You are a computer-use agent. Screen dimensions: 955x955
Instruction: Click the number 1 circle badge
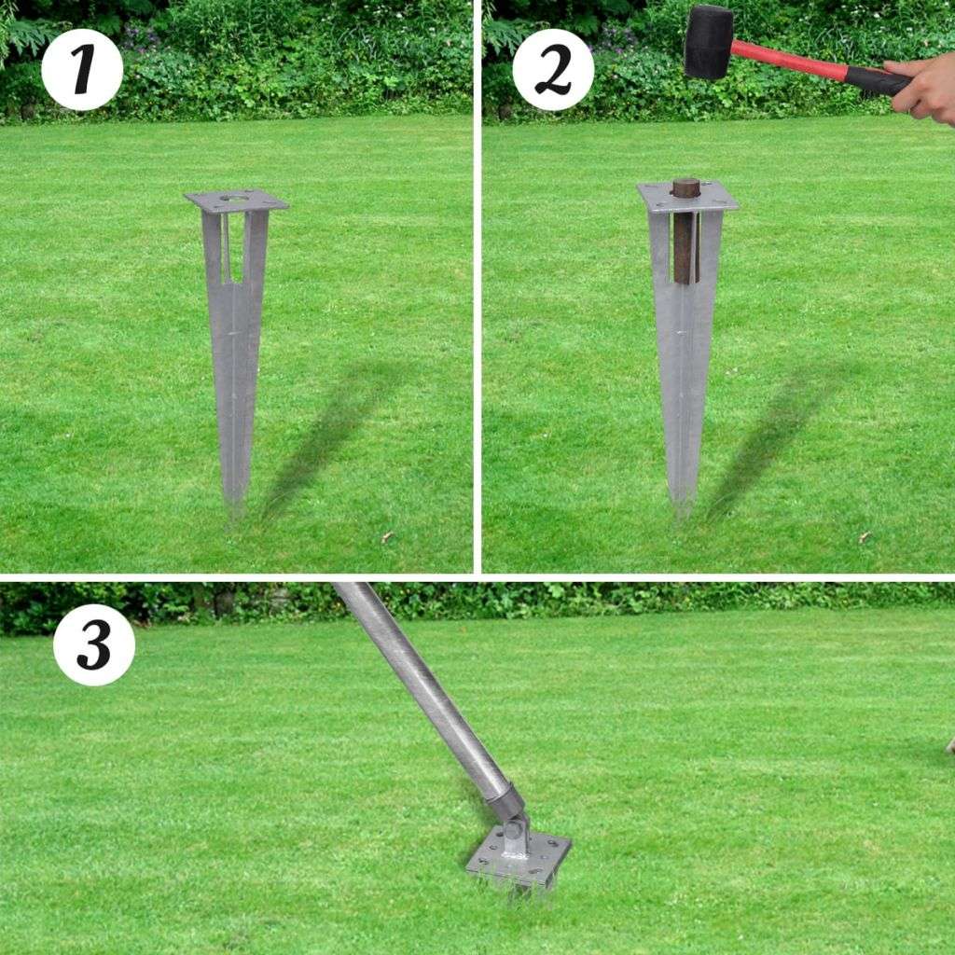coord(82,69)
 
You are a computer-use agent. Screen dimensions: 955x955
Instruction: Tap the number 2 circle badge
coord(553,69)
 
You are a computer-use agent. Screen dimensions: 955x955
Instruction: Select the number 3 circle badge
coord(94,645)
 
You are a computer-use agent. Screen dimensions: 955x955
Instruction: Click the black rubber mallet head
coord(709,42)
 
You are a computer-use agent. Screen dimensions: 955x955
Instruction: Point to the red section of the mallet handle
coord(789,60)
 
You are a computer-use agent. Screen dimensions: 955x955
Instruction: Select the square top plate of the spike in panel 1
coord(236,201)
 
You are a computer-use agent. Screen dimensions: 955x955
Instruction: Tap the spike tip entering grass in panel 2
coord(683,508)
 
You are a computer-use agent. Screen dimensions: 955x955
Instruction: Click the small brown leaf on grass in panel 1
coord(386,536)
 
